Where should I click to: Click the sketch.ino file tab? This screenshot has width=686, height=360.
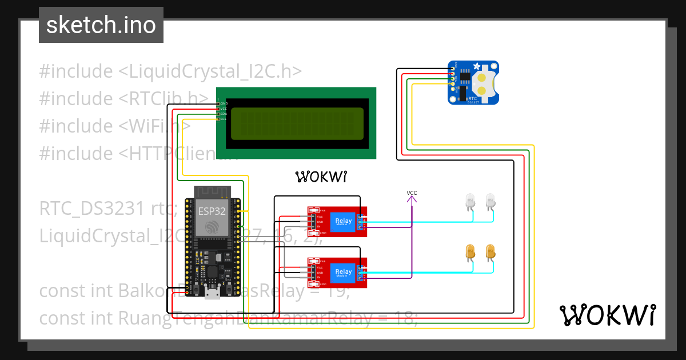pos(101,25)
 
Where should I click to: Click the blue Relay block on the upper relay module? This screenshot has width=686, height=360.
pos(343,221)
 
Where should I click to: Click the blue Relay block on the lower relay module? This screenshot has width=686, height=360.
pos(343,273)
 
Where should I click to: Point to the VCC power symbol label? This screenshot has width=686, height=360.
pos(412,193)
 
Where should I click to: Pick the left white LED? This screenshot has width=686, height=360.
pos(470,201)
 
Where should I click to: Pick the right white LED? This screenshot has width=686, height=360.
pos(490,201)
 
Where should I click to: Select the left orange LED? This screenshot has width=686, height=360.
pos(470,251)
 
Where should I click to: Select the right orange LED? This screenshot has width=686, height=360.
pos(490,251)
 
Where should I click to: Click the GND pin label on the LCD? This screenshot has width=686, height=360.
pos(224,103)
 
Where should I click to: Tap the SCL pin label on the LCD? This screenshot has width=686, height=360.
pos(224,119)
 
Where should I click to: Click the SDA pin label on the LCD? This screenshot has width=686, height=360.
pos(224,114)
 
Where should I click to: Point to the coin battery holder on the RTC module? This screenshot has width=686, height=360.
pos(484,83)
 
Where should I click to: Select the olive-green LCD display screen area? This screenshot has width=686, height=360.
pos(296,124)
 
